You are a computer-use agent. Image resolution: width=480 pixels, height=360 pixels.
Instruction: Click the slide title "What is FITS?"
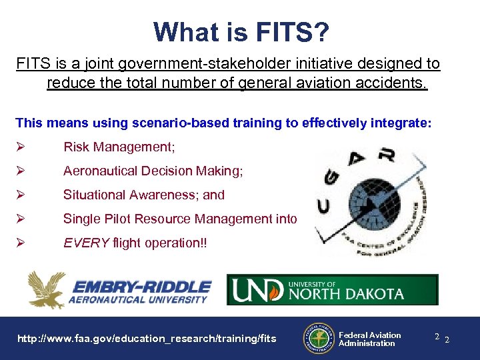coord(240,32)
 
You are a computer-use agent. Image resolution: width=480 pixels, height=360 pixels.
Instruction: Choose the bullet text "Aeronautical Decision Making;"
coord(153,171)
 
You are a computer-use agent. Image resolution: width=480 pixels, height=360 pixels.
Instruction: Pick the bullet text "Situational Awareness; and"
coord(144,195)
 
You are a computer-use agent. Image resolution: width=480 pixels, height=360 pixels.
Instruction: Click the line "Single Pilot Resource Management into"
coord(180,219)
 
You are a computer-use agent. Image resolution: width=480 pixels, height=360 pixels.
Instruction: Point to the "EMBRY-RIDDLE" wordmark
coord(141,287)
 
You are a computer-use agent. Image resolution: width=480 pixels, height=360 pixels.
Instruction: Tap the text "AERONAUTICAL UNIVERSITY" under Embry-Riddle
coord(138,300)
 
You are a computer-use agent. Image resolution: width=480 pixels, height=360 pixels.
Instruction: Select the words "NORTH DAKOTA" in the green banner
coord(346,294)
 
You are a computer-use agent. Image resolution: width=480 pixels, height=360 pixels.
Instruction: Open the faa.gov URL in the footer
coord(147,339)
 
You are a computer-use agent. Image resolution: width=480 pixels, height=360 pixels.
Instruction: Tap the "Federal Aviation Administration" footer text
coord(370,339)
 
